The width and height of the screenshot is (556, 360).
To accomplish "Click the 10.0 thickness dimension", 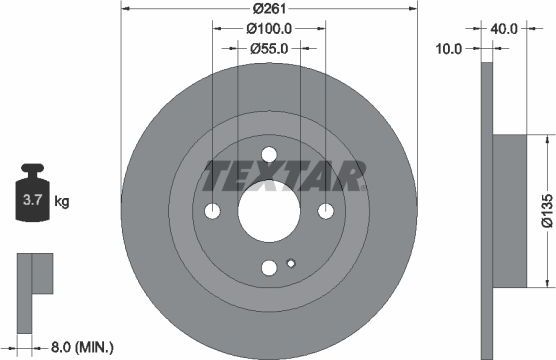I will (x=450, y=47).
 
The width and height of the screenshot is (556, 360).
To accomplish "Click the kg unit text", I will (x=62, y=203).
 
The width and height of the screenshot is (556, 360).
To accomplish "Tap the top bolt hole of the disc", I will (x=269, y=153).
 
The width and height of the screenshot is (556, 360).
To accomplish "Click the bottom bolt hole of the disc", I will (x=269, y=267).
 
